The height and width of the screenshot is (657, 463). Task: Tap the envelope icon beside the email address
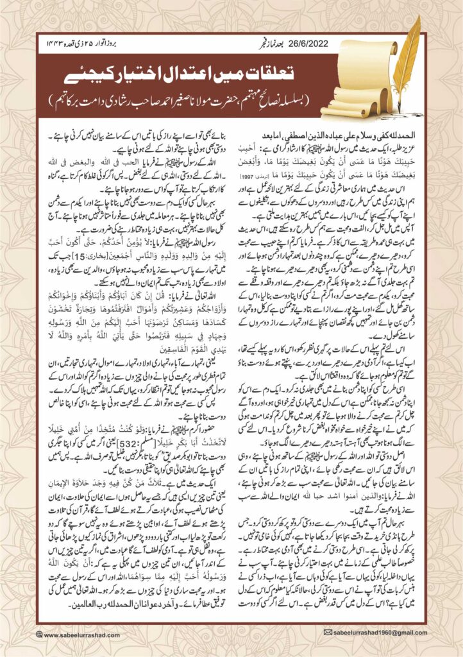(x=328, y=632)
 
